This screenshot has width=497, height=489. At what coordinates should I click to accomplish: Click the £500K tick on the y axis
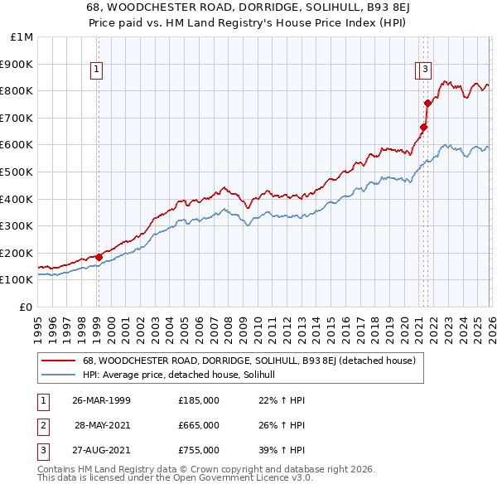pyautogui.click(x=18, y=172)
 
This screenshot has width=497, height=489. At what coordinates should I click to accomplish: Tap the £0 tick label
pyautogui.click(x=27, y=307)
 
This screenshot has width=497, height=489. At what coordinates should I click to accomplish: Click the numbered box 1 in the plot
pyautogui.click(x=98, y=70)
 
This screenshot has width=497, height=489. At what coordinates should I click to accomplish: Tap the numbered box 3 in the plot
pyautogui.click(x=425, y=70)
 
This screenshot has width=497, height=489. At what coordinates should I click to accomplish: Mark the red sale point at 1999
pyautogui.click(x=99, y=257)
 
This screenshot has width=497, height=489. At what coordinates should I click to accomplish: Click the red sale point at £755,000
pyautogui.click(x=427, y=103)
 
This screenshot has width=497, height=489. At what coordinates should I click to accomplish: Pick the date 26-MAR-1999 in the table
pyautogui.click(x=101, y=400)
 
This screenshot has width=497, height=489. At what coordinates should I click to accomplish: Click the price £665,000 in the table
pyautogui.click(x=198, y=425)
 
